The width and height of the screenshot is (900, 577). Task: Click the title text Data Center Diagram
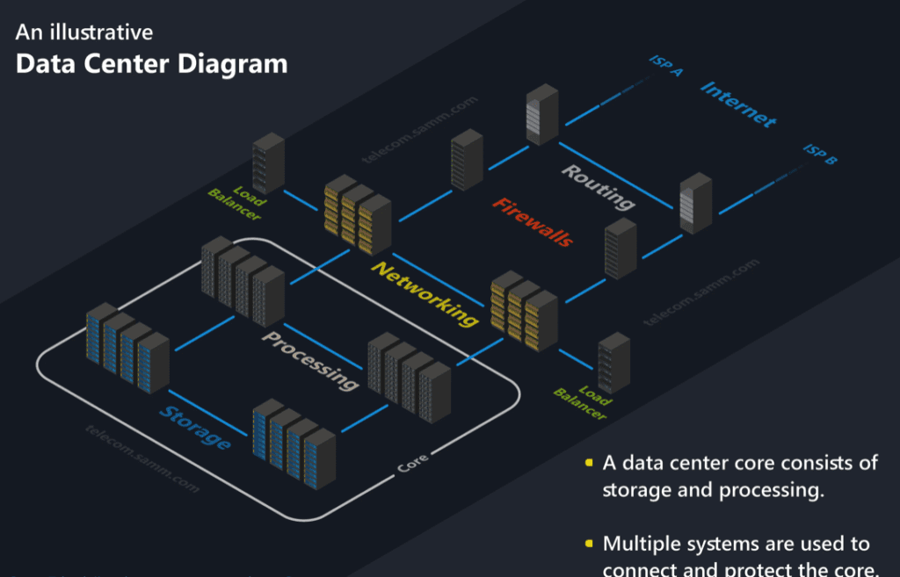(x=151, y=64)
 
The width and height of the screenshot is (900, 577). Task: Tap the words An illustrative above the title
(x=84, y=33)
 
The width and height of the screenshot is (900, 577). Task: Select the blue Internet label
(x=738, y=105)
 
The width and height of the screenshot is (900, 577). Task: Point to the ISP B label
(x=820, y=156)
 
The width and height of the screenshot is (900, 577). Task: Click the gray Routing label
(x=598, y=186)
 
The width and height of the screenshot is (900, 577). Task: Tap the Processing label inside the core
(x=311, y=360)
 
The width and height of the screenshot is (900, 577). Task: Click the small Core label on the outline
(x=413, y=463)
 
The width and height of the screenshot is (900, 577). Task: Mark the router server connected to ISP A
(x=541, y=114)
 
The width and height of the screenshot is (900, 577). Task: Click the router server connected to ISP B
(x=695, y=203)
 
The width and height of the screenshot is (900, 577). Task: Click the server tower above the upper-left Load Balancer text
(x=268, y=162)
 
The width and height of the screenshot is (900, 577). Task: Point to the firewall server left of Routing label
(x=467, y=160)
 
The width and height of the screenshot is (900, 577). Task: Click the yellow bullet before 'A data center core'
(x=588, y=463)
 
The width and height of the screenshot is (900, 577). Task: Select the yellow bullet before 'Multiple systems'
(x=588, y=545)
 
